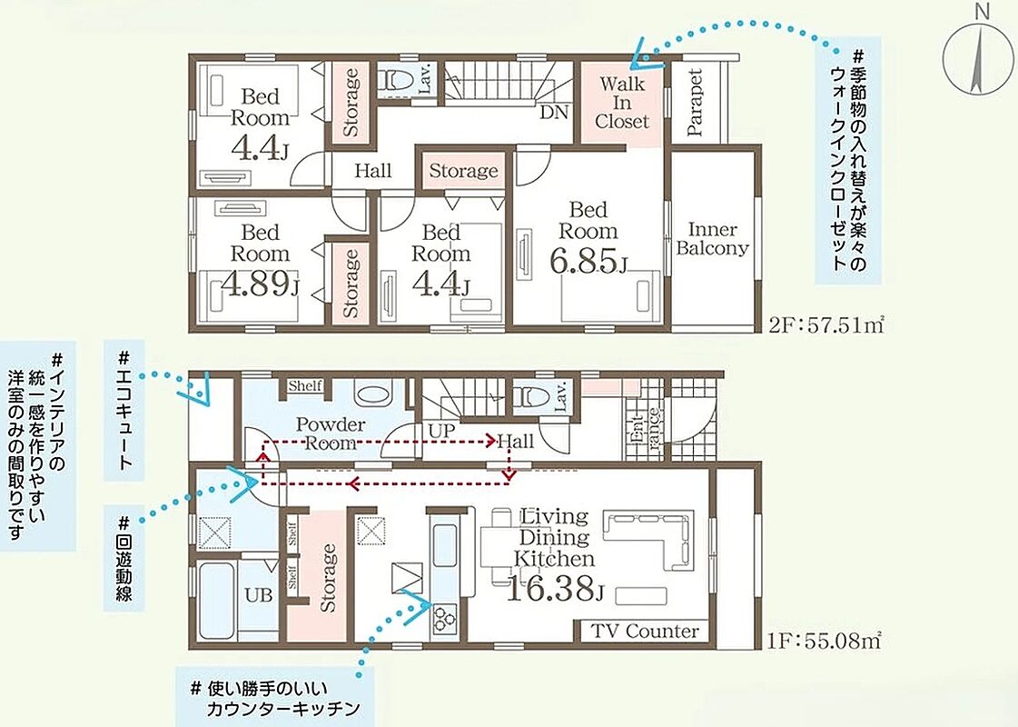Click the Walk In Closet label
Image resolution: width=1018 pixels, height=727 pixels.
tap(622, 103)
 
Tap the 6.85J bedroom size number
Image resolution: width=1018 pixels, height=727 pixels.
tap(588, 261)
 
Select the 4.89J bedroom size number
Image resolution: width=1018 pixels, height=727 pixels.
tap(261, 284)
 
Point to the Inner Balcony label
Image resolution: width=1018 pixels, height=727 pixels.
tap(712, 239)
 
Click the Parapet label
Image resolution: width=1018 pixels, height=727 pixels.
tap(694, 102)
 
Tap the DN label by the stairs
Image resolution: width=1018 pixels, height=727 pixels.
tap(554, 113)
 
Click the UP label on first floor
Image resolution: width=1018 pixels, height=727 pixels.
tap(441, 431)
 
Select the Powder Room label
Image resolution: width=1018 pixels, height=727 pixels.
tap(331, 434)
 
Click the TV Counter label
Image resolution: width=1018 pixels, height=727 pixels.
tap(645, 631)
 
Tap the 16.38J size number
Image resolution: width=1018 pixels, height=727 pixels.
tap(555, 589)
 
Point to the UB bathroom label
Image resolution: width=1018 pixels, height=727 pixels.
tap(259, 594)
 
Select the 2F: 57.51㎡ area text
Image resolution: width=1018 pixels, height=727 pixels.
tap(826, 324)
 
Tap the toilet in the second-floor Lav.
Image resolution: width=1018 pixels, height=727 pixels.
tap(396, 79)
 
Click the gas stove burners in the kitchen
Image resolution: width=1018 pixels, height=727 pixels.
tap(445, 616)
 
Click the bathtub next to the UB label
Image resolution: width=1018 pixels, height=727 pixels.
tap(216, 601)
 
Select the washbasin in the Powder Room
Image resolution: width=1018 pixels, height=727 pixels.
tap(373, 393)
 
